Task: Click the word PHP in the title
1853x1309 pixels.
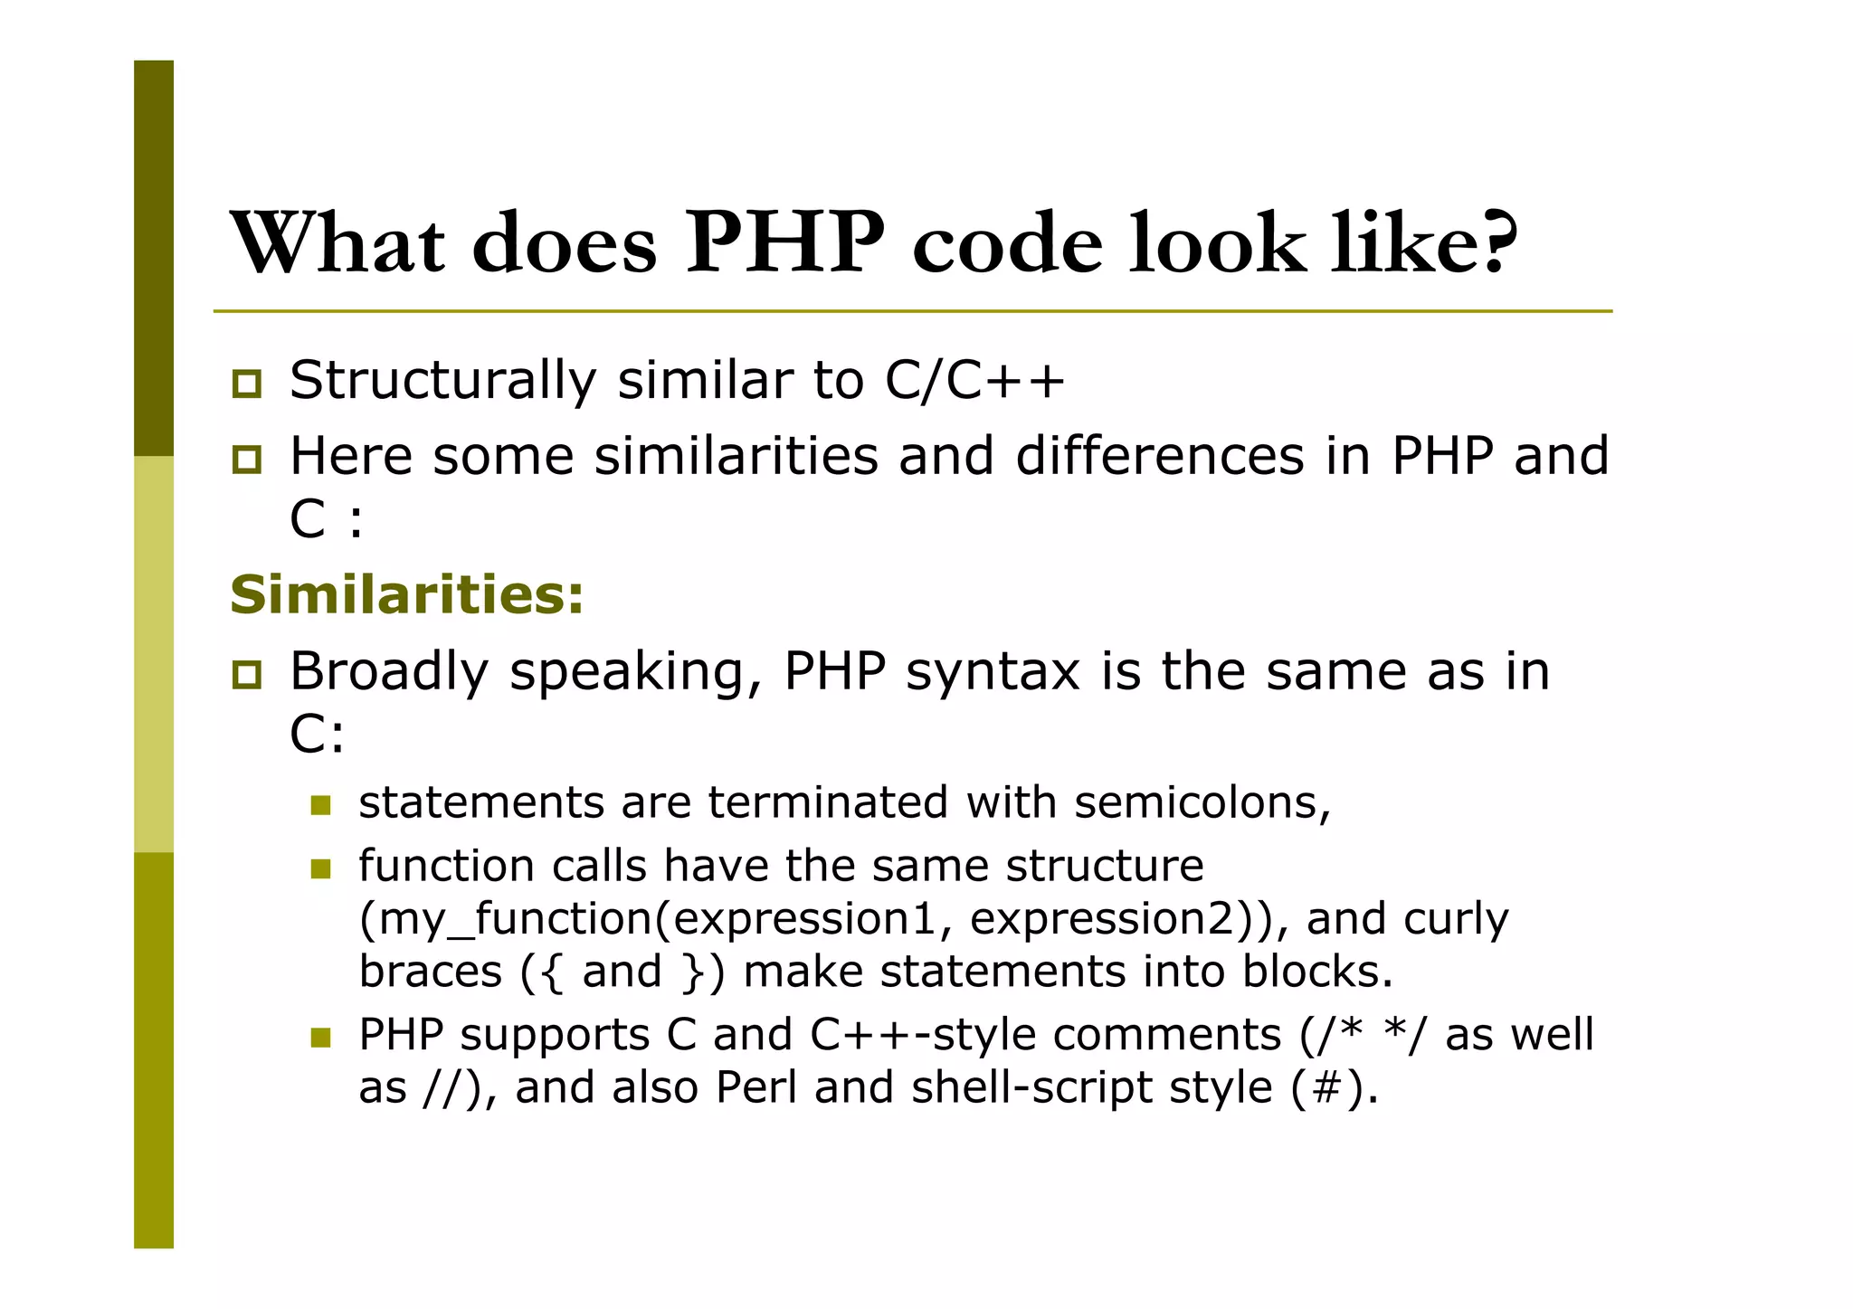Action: [x=784, y=242]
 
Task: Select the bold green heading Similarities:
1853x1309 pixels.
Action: [x=407, y=594]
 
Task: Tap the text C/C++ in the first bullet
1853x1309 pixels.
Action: [x=974, y=379]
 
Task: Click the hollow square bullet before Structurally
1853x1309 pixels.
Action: [x=246, y=384]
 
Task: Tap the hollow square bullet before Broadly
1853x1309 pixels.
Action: [x=246, y=675]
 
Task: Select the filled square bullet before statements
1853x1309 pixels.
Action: [x=320, y=804]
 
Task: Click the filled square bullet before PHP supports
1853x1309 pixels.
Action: [x=320, y=1037]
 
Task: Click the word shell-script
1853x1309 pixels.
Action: [x=1032, y=1087]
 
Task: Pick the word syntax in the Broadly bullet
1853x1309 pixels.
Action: [x=993, y=673]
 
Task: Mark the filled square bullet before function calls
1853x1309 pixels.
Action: [x=320, y=868]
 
